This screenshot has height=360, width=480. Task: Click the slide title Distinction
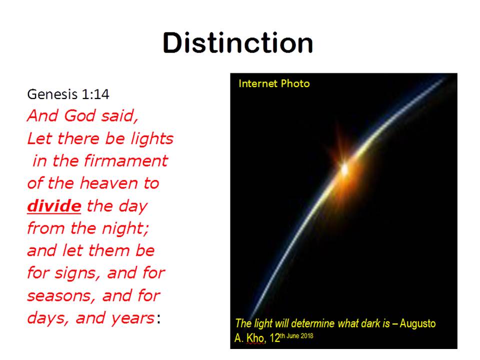point(238,42)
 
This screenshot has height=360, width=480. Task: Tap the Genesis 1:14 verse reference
point(68,94)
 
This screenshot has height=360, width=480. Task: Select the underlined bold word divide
point(54,205)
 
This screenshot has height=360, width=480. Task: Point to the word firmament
point(126,160)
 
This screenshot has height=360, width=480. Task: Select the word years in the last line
point(133,318)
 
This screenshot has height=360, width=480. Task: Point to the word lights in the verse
point(152,138)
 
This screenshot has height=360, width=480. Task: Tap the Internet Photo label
point(274,83)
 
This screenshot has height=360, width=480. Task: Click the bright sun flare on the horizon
point(344,168)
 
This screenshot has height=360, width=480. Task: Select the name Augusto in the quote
point(417,323)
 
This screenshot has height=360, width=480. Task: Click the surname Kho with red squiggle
point(255,338)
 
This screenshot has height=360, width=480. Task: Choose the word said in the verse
point(119,116)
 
